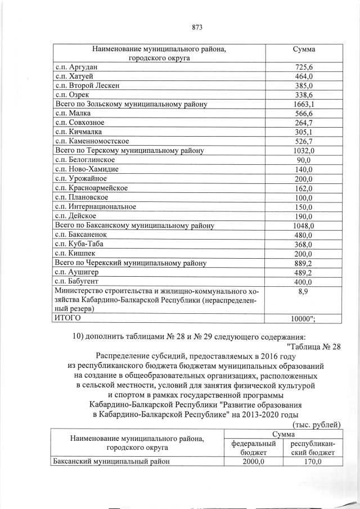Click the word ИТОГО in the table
click(67, 317)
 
